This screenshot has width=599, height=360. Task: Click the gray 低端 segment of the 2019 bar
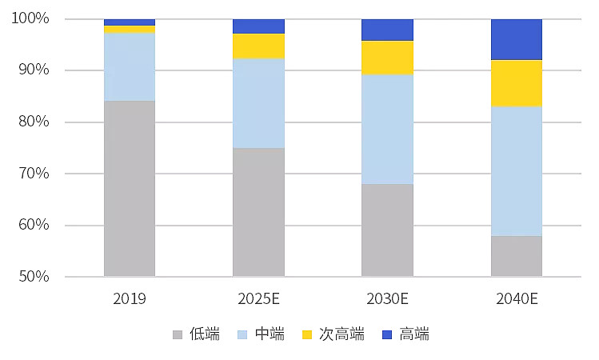[x=130, y=188]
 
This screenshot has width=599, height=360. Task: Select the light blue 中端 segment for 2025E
[x=258, y=103]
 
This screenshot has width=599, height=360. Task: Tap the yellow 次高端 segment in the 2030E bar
[x=387, y=58]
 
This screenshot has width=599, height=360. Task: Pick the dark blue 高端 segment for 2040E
[x=516, y=39]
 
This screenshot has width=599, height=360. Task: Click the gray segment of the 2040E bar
[x=516, y=256]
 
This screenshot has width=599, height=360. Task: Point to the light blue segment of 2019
[x=130, y=67]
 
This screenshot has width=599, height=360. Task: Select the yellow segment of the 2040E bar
[x=516, y=83]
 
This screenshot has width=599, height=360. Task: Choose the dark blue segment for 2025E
[x=258, y=26]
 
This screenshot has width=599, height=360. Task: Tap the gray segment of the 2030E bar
[x=387, y=230]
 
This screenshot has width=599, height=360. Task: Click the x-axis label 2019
[x=130, y=299]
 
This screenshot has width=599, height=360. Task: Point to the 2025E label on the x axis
[x=258, y=299]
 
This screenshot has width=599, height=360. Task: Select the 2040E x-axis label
[x=516, y=299]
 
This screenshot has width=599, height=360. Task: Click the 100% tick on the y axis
[x=32, y=18]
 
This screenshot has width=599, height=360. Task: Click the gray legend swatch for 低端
[x=178, y=334]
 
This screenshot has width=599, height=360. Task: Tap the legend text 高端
[x=414, y=334]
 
